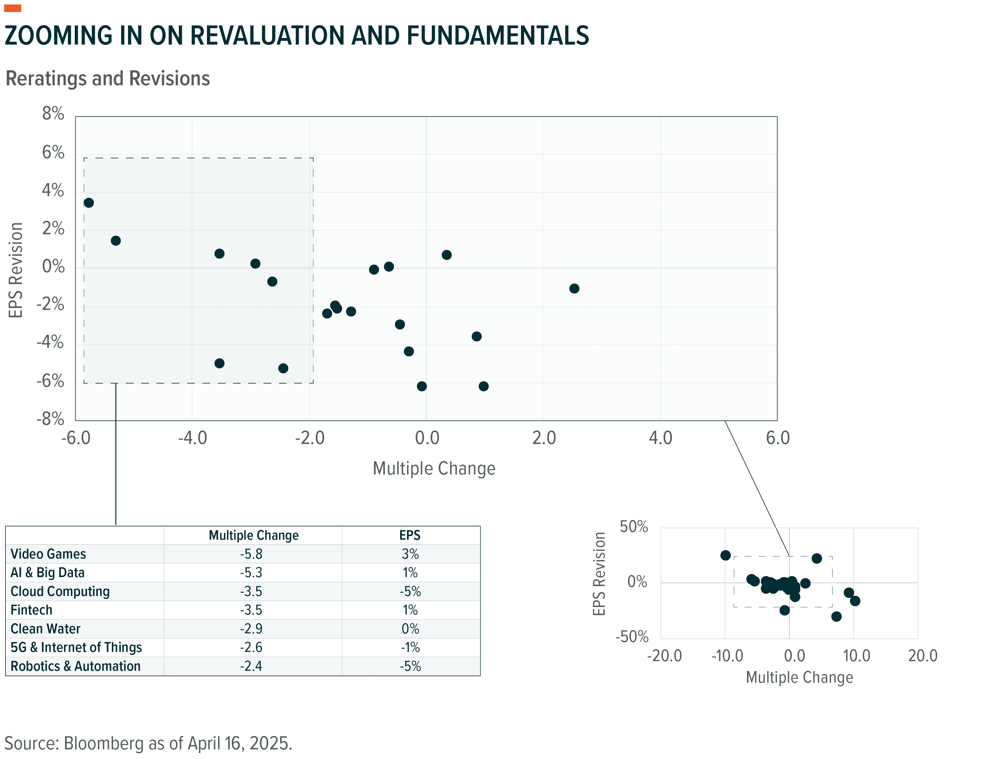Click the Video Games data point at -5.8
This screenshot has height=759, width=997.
(89, 203)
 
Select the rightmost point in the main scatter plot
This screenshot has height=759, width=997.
(574, 288)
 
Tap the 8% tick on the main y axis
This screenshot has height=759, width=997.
(53, 113)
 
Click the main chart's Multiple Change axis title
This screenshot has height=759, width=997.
(434, 469)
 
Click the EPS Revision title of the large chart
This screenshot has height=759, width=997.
(16, 270)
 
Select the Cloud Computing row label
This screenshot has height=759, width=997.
(60, 591)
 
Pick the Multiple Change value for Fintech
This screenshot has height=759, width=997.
(251, 610)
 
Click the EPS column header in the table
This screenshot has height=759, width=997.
(410, 535)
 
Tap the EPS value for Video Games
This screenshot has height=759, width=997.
(410, 554)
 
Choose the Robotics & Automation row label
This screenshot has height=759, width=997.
(75, 666)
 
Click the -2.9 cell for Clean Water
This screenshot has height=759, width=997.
(251, 629)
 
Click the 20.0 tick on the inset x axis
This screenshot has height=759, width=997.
(923, 655)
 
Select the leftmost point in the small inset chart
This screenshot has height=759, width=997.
(725, 555)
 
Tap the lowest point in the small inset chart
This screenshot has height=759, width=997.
(836, 616)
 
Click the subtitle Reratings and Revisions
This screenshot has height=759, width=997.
(107, 79)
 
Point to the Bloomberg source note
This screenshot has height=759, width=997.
(148, 743)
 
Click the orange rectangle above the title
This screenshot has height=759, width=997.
(13, 8)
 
